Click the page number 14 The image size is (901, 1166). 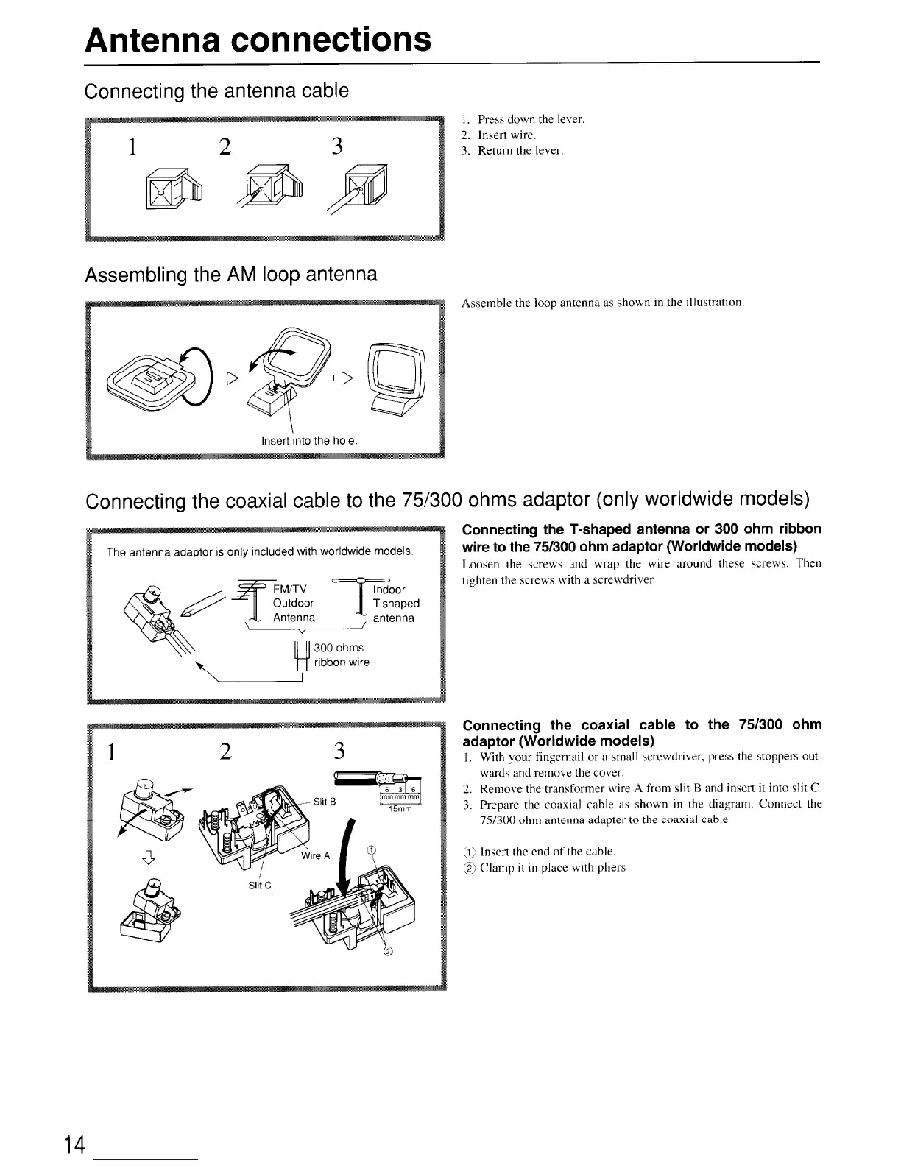pyautogui.click(x=74, y=1145)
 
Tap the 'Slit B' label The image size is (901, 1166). pyautogui.click(x=325, y=802)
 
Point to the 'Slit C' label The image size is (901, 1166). pyautogui.click(x=259, y=885)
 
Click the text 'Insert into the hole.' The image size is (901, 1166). pyautogui.click(x=309, y=441)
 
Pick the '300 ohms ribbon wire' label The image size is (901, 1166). pyautogui.click(x=341, y=655)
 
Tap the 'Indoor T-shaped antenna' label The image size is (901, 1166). pyautogui.click(x=395, y=604)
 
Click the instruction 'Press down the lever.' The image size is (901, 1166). pyautogui.click(x=530, y=119)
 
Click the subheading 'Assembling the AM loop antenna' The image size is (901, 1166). pyautogui.click(x=231, y=275)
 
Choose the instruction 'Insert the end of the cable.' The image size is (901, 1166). pyautogui.click(x=548, y=852)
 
